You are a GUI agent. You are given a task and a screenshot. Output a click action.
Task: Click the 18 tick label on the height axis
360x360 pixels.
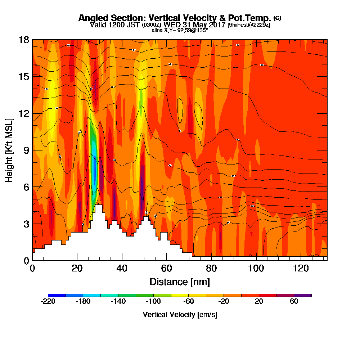pos(24,40)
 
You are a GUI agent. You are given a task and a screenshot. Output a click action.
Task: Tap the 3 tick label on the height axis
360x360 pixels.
pos(26,224)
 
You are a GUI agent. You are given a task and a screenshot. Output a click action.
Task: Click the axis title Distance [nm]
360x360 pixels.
pos(180,282)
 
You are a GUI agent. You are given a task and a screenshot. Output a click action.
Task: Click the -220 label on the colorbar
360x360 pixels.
pos(48,302)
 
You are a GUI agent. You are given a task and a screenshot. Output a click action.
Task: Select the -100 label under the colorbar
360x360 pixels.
pos(153,302)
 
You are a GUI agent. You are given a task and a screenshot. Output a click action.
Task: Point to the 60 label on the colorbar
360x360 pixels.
pos(294,302)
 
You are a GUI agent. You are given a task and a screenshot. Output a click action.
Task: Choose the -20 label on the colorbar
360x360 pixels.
pos(224,302)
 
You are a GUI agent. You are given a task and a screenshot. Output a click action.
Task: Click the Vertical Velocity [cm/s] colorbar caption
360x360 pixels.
pos(180,315)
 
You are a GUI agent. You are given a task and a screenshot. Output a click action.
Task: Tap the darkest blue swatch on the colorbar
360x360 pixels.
pos(57,295)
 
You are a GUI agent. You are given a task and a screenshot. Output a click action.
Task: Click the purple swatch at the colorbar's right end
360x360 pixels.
pos(303,295)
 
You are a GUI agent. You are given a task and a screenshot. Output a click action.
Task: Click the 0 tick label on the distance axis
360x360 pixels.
pos(32,268)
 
